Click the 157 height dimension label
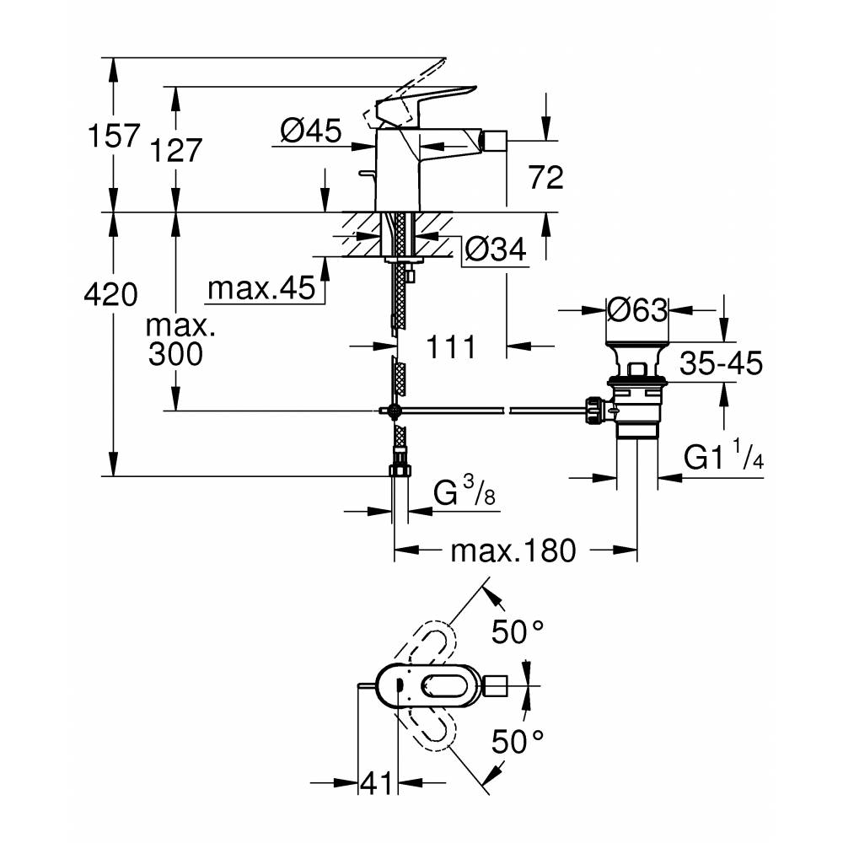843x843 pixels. coord(114,135)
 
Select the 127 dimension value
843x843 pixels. coord(176,150)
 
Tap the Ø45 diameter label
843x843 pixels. coord(311,130)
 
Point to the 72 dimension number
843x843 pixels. coord(546,177)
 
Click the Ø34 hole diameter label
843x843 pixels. coord(496,250)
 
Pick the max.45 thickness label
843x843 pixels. coord(261,288)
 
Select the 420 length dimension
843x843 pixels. coord(110,294)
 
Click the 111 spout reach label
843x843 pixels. coord(451,346)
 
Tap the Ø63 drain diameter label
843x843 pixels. coord(637,310)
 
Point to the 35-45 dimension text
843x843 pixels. coord(721,362)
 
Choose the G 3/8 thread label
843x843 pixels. coord(464,492)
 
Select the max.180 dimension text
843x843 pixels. coord(513,551)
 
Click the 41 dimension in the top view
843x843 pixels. coord(376,783)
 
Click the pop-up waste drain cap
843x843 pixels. coord(637,345)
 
